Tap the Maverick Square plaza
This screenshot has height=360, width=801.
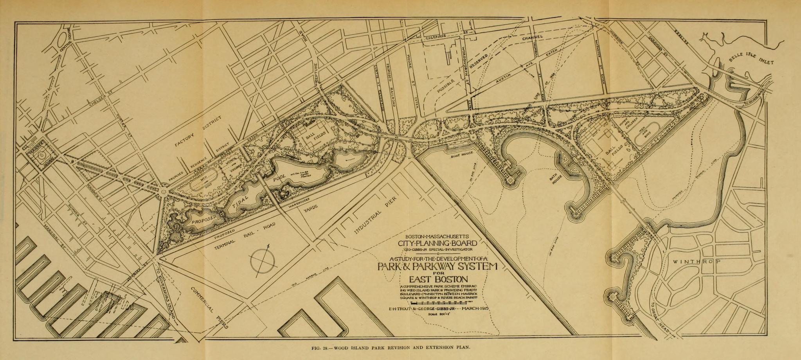click(41, 155)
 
